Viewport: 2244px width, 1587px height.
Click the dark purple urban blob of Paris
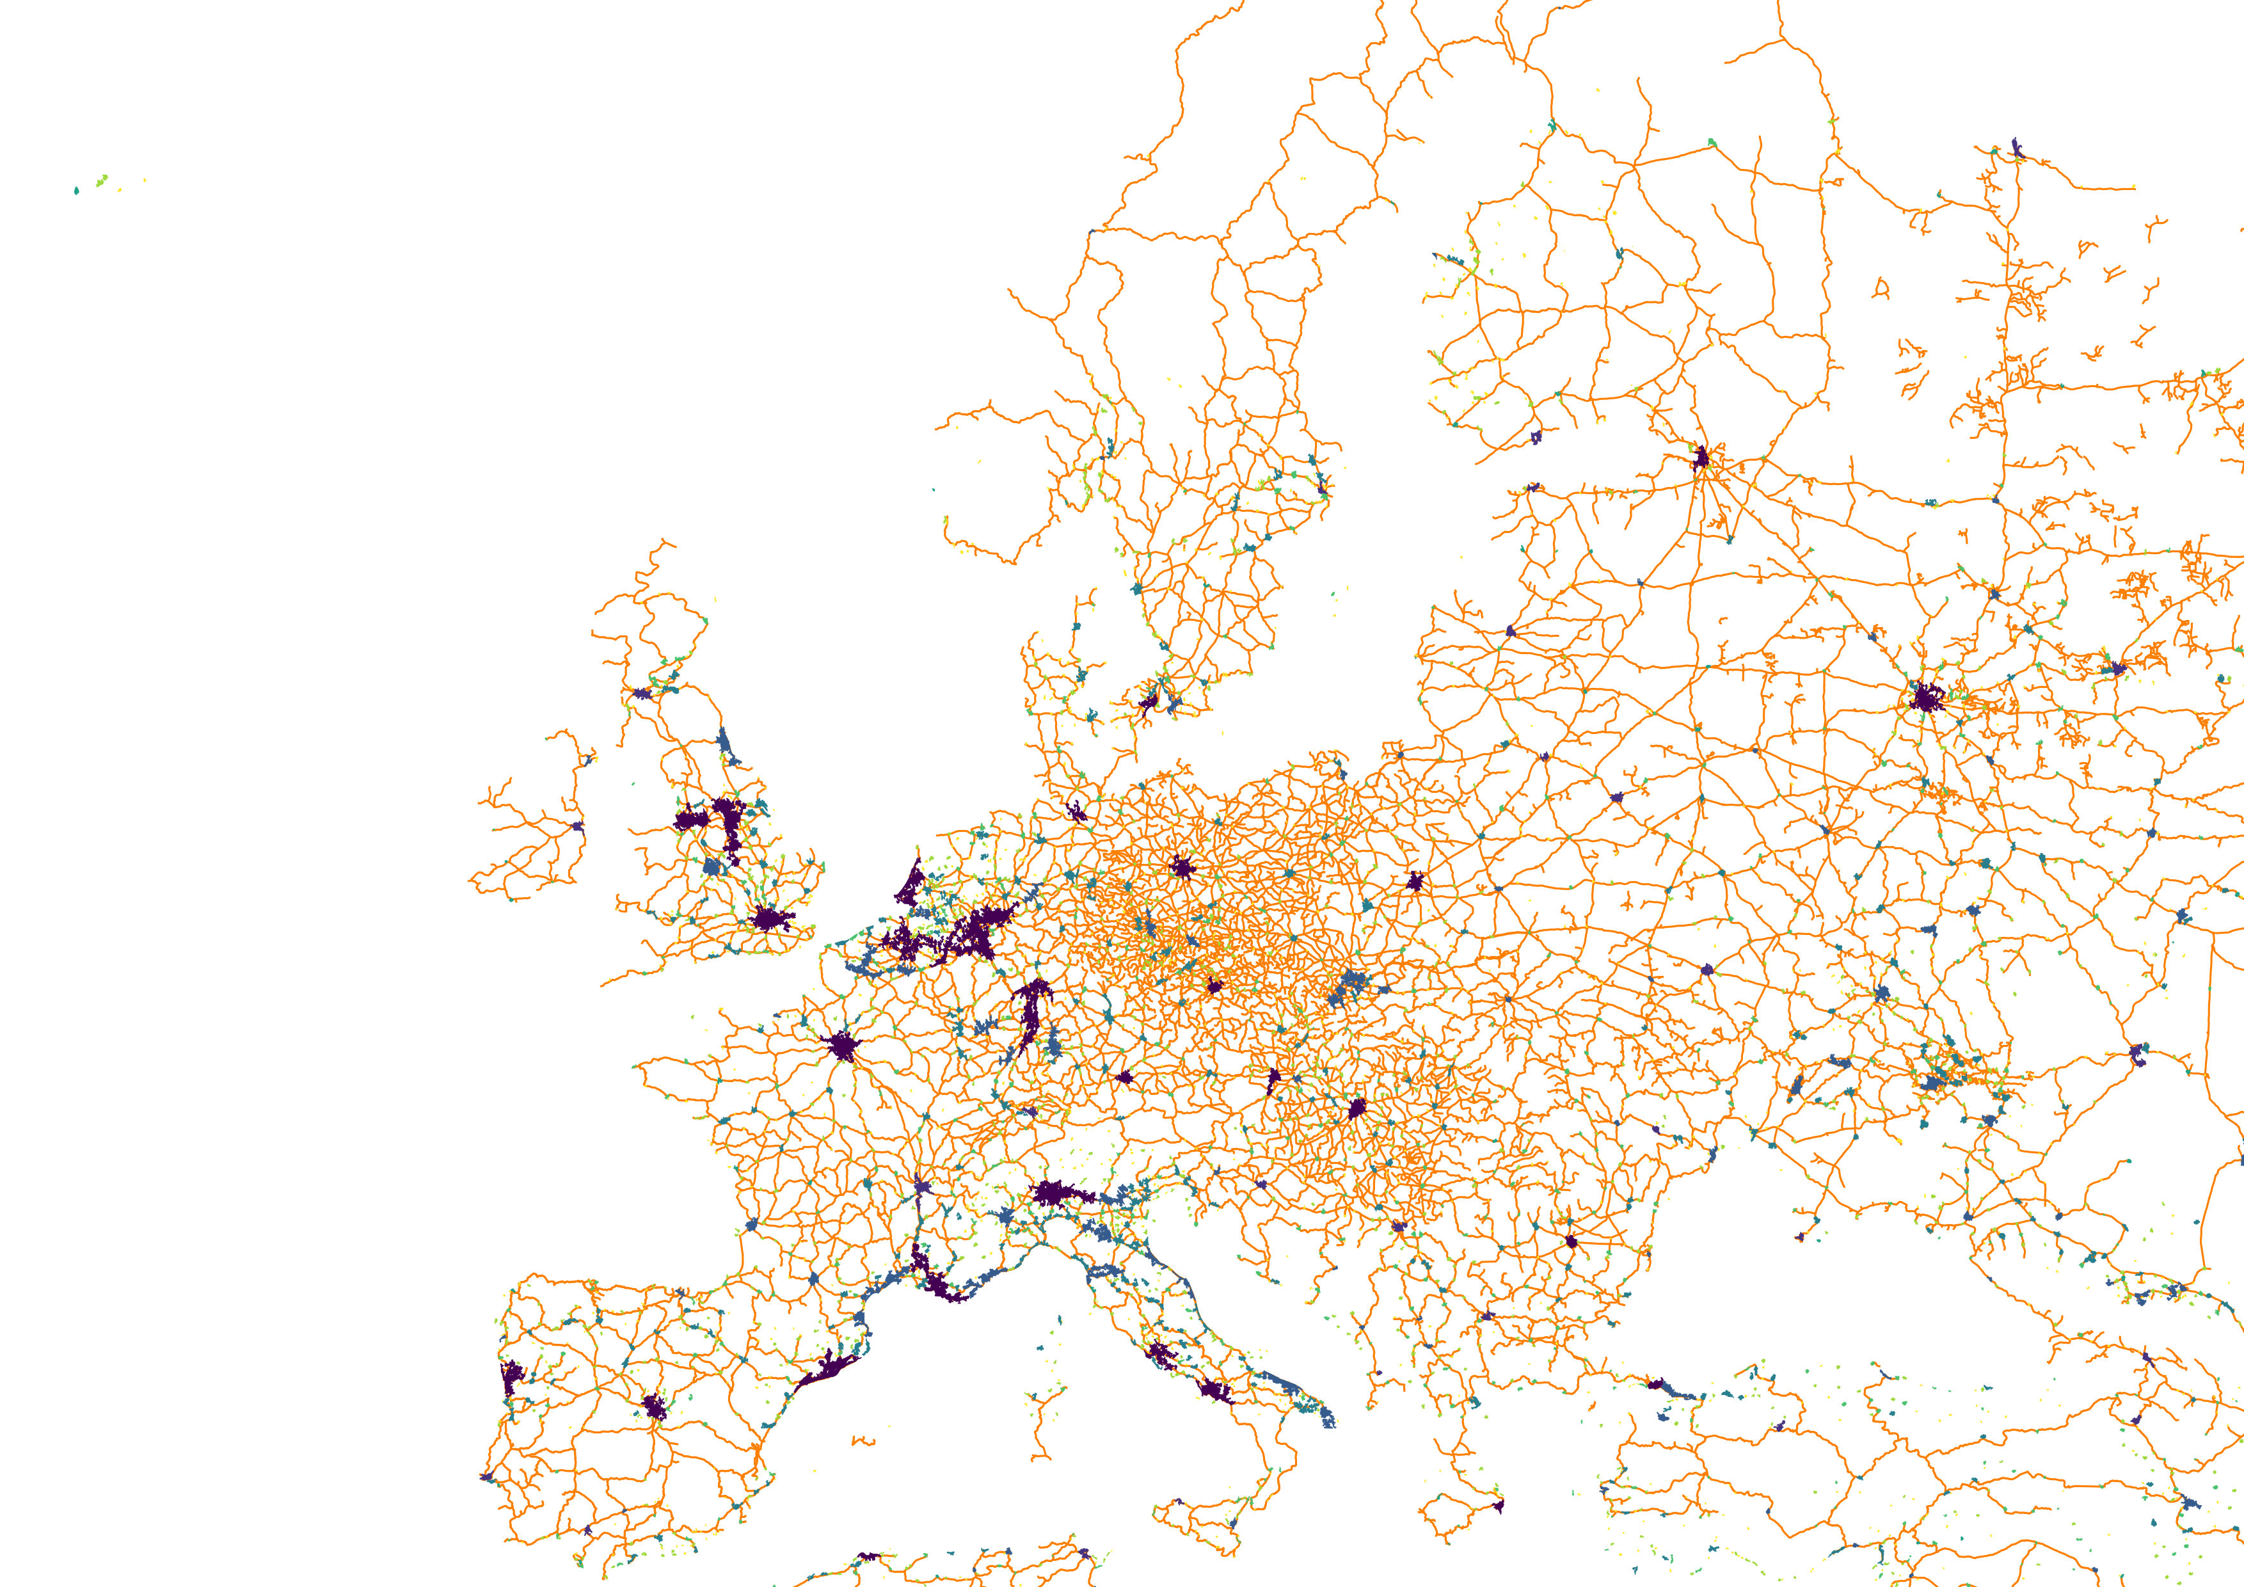[x=841, y=1047]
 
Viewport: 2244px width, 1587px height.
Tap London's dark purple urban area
[x=771, y=920]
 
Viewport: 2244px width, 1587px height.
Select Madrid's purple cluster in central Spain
[x=654, y=1407]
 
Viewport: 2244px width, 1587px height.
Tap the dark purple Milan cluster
[x=1053, y=1193]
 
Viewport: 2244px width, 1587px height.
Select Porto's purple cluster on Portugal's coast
[x=511, y=1377]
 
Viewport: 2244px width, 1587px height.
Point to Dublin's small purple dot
[x=578, y=827]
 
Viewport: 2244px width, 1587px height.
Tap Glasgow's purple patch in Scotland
[x=641, y=693]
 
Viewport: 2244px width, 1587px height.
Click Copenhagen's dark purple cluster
[x=1149, y=701]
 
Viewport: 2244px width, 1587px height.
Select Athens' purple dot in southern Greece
[x=1499, y=1506]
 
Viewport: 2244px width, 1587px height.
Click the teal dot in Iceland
[x=76, y=191]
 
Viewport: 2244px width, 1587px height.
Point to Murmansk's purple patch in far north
[x=2018, y=148]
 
